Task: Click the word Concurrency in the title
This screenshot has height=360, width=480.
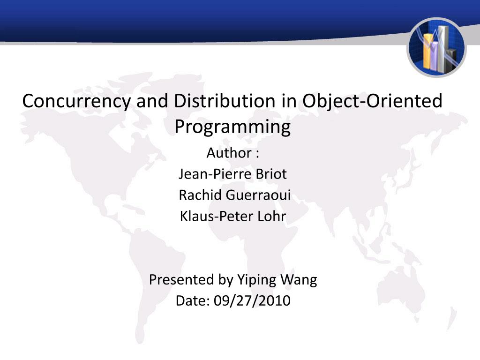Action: [76, 101]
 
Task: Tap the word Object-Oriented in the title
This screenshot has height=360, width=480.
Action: [372, 101]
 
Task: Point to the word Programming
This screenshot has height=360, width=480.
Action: [232, 127]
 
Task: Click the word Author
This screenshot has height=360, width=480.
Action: [229, 153]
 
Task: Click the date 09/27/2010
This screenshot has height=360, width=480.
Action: [252, 300]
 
